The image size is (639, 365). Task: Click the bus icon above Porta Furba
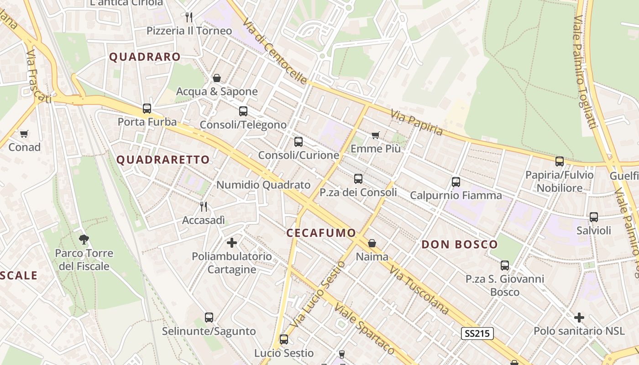pos(147,109)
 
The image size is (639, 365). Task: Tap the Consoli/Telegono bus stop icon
pos(243,111)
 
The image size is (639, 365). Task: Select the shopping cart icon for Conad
pos(24,134)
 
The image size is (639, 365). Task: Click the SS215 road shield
pos(477,334)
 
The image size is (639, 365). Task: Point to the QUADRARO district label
pos(145,57)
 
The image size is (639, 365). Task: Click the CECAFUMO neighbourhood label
pos(321,233)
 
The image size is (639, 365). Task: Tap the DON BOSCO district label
pos(459,244)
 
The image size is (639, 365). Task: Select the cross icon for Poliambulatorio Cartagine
pos(232,242)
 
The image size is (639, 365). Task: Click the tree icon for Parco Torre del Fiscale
pos(84,239)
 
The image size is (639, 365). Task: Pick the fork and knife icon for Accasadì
pos(204,207)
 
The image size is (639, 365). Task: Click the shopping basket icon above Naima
pos(372,243)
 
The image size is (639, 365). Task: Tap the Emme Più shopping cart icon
pos(375,135)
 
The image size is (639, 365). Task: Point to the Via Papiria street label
pos(417,122)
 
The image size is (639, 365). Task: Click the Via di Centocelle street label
pos(275,51)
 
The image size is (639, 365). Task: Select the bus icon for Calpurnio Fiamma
pos(456,182)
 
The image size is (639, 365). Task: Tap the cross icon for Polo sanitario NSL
pos(579,317)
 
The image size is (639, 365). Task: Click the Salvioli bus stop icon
pos(594,217)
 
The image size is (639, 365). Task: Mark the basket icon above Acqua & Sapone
pos(217,78)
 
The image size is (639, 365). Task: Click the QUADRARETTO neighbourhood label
pos(163,160)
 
